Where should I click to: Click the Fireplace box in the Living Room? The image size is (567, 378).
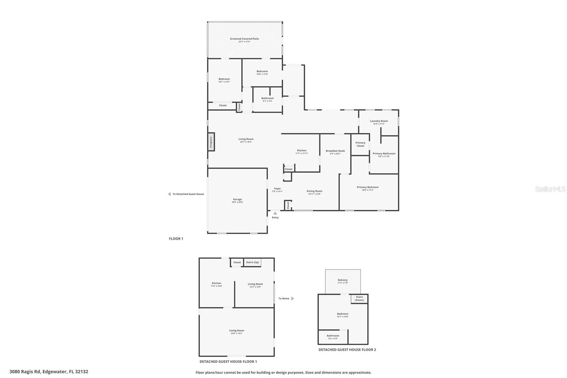[211, 142]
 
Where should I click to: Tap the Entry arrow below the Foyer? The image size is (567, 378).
[275, 213]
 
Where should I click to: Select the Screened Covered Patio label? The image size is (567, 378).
[244, 39]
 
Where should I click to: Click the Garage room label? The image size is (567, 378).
[237, 199]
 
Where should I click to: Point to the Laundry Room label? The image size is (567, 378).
[378, 121]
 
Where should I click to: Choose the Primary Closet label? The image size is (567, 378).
[360, 144]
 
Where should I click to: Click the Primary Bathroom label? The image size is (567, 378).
[384, 154]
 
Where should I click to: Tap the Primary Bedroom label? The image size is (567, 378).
[367, 187]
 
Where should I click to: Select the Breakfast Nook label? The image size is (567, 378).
[335, 151]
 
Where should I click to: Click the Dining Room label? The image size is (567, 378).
[314, 191]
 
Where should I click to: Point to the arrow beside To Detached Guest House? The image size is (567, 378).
[169, 194]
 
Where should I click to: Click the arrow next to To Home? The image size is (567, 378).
[293, 299]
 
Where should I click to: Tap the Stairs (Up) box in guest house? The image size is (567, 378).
[253, 262]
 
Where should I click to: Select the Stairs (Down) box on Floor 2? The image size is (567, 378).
[359, 299]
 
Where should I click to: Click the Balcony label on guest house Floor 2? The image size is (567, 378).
[343, 280]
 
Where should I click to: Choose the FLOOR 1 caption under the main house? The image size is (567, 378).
[176, 239]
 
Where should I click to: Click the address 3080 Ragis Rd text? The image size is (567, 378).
[49, 372]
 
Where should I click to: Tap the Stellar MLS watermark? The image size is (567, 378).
[550, 189]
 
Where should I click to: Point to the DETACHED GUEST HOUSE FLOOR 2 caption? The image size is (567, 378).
[347, 350]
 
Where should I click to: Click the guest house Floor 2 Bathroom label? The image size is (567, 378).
[333, 336]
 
